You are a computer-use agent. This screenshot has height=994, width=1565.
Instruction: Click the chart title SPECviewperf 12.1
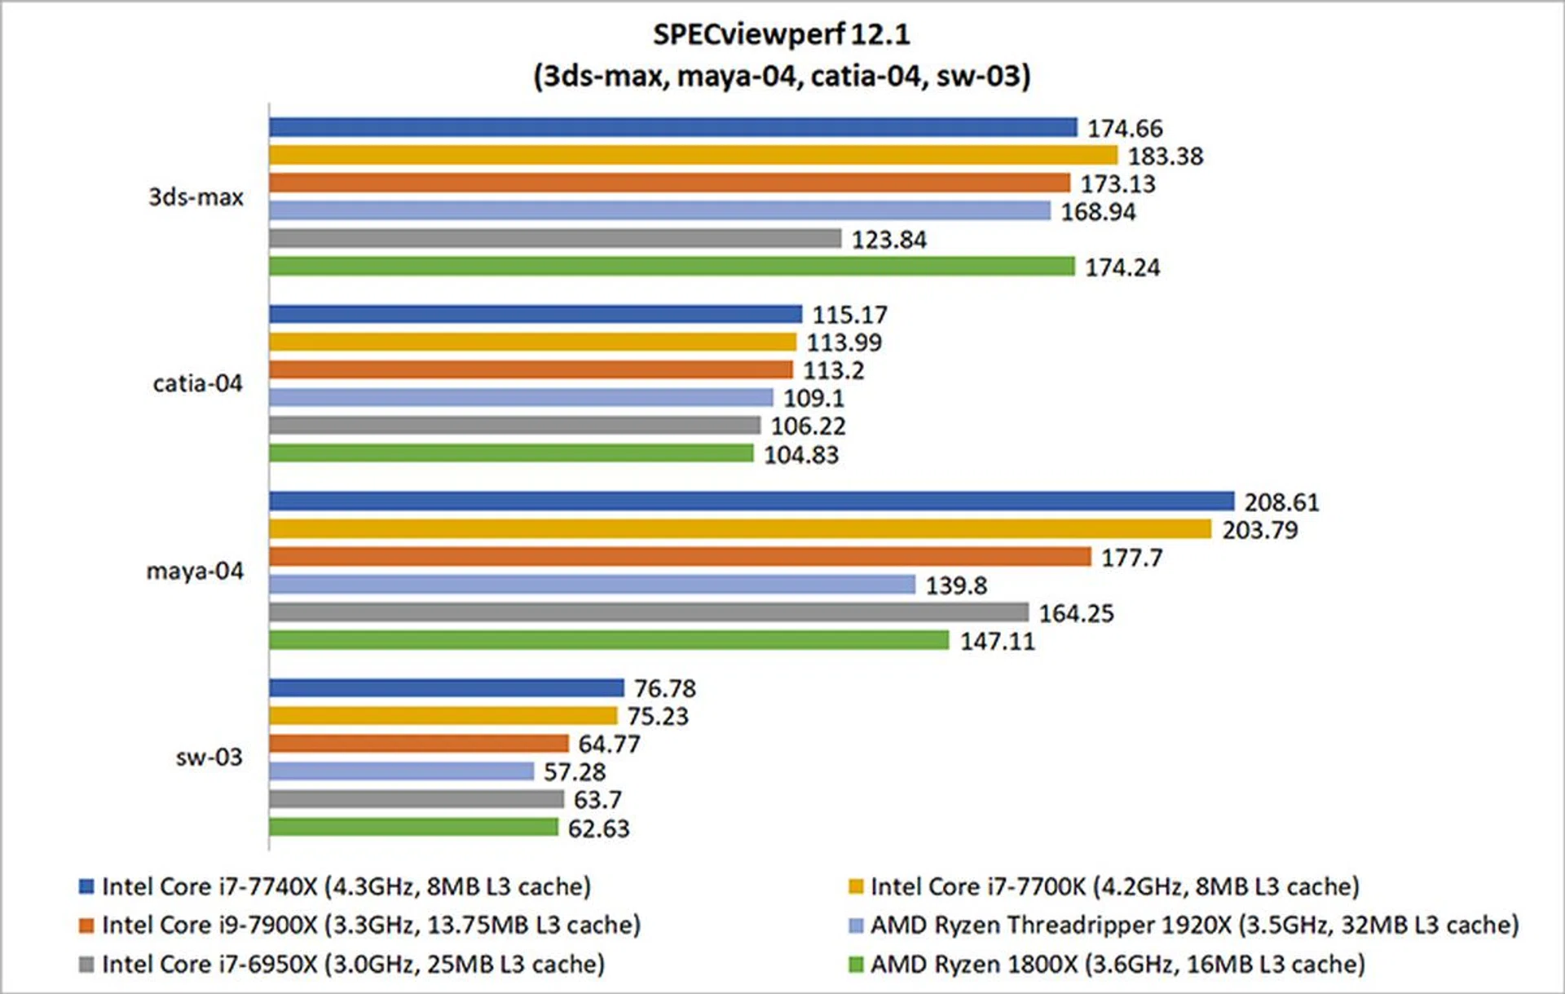pyautogui.click(x=781, y=34)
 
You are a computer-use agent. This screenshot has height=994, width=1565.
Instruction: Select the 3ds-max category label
pyautogui.click(x=196, y=197)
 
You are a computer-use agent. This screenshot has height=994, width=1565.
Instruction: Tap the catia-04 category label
pyautogui.click(x=197, y=383)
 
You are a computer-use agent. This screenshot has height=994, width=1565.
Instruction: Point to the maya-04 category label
pyautogui.click(x=195, y=571)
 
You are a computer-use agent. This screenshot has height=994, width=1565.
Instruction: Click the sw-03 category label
pyautogui.click(x=209, y=758)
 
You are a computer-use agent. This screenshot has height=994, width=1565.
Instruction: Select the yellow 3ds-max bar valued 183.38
pyautogui.click(x=693, y=155)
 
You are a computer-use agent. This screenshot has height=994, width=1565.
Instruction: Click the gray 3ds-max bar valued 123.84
pyautogui.click(x=554, y=238)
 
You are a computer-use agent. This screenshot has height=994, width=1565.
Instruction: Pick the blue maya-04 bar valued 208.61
pyautogui.click(x=752, y=501)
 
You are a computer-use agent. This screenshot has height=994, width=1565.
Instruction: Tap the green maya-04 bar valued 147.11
pyautogui.click(x=609, y=640)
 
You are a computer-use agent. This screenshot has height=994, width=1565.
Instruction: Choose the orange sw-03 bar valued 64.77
pyautogui.click(x=418, y=743)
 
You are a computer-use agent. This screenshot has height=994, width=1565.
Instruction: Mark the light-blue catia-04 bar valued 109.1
pyautogui.click(x=521, y=397)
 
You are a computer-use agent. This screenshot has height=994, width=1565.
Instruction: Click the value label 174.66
pyautogui.click(x=1125, y=128)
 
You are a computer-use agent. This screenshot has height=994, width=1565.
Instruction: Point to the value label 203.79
pyautogui.click(x=1259, y=530)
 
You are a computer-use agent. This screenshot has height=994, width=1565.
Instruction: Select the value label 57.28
pyautogui.click(x=575, y=771)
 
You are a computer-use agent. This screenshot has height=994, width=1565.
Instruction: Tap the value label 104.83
pyautogui.click(x=800, y=454)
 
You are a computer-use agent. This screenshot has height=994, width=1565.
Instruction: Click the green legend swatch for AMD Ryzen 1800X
pyautogui.click(x=856, y=965)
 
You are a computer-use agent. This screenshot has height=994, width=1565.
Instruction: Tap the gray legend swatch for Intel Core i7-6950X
pyautogui.click(x=86, y=965)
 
